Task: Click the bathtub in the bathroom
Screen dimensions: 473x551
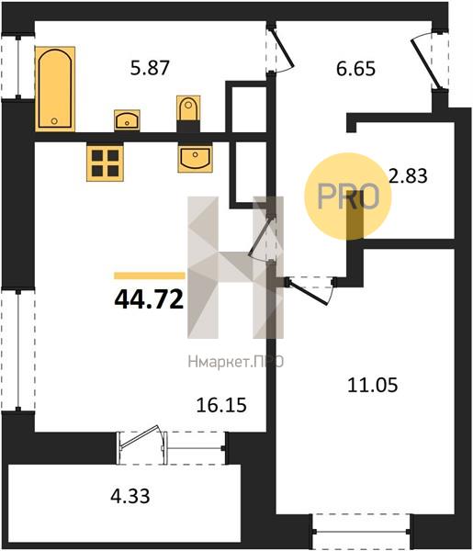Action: [x=55, y=88]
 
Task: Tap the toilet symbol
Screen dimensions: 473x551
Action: [x=188, y=110]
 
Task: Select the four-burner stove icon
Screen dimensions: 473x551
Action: [x=105, y=163]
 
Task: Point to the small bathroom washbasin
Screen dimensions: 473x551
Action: [x=127, y=120]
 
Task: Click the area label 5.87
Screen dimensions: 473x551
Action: [x=150, y=68]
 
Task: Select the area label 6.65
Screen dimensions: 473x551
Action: [x=355, y=69]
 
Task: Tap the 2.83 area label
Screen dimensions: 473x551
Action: [x=408, y=176]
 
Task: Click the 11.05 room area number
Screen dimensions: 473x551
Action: [x=373, y=385]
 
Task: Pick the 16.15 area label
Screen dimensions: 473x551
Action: [x=221, y=405]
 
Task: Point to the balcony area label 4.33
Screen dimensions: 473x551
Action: [x=130, y=497]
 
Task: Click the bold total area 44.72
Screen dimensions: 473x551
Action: [x=149, y=299]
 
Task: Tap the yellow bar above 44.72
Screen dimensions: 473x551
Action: [x=150, y=275]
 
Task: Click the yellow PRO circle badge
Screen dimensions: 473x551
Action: [x=347, y=197]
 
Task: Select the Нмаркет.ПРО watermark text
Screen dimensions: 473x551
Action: [x=236, y=362]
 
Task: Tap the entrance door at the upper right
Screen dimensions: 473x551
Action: [x=425, y=61]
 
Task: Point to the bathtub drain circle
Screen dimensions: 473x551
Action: [x=54, y=121]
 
